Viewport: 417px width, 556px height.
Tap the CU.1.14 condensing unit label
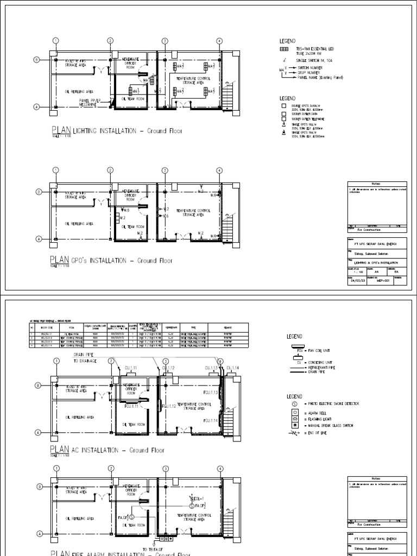pos(233,368)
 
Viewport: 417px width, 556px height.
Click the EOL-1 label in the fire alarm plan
pos(198,498)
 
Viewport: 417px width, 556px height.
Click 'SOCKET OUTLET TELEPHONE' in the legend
pos(310,118)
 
